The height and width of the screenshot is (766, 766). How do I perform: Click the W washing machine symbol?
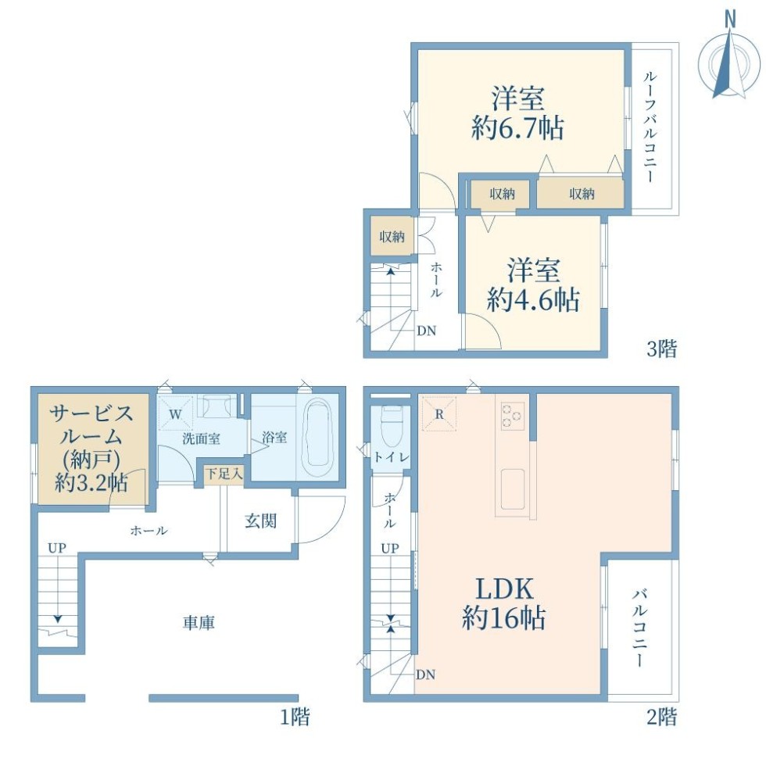[176, 413]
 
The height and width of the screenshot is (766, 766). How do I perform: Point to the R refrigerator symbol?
[439, 413]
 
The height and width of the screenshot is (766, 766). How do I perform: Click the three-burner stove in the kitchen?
[513, 416]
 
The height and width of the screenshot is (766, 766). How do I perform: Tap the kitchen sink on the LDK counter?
[513, 489]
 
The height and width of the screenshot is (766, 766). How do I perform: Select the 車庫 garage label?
[199, 623]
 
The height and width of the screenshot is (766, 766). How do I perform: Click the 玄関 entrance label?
[261, 521]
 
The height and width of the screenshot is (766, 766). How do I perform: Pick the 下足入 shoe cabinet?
[224, 474]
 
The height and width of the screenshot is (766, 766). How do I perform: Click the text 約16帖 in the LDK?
[503, 618]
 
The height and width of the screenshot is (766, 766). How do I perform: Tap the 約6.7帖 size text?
[517, 128]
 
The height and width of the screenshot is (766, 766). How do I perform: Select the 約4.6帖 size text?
[533, 299]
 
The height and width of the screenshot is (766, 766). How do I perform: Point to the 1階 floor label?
[295, 718]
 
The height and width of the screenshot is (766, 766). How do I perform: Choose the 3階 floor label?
[662, 349]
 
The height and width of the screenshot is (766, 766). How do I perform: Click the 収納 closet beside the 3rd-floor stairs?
[392, 236]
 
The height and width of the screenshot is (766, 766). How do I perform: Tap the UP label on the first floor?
[56, 548]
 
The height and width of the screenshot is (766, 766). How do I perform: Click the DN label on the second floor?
[425, 675]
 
